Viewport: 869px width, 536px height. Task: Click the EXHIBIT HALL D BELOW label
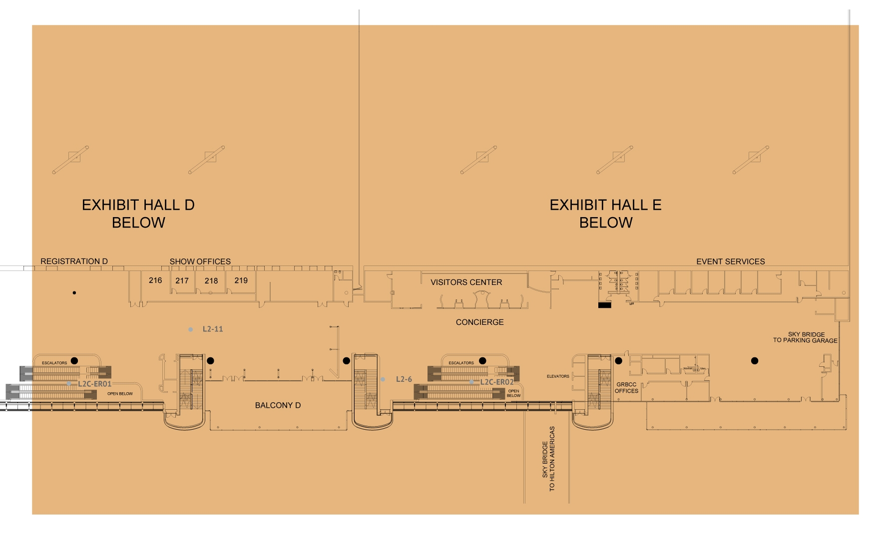coord(138,214)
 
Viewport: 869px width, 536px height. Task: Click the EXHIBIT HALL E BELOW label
coord(606,214)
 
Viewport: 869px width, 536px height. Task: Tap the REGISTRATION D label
coord(74,261)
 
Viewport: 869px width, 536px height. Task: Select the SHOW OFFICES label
coord(200,261)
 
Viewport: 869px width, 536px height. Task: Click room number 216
coord(155,280)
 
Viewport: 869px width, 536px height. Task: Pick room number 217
coord(182,280)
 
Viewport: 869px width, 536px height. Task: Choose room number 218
coord(211,280)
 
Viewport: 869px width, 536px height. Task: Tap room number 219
coord(241,280)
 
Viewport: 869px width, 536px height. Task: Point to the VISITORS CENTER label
coord(466,282)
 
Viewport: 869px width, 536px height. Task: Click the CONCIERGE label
coord(479,322)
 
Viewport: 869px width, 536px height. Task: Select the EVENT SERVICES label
coord(731,262)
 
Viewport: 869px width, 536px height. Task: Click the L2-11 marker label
coord(213,329)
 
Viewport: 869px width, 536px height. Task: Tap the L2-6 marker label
coord(404,379)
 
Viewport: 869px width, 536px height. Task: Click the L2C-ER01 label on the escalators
coord(94,384)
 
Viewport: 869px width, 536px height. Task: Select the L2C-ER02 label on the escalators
coord(496,382)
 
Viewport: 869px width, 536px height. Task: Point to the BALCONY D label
coord(278,405)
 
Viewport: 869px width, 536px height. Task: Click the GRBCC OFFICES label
coord(626,388)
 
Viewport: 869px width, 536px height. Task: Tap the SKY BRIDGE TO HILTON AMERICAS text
coord(548,459)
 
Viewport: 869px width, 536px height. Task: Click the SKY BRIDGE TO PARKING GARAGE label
coord(806,337)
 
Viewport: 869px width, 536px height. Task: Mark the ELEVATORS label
coord(558,376)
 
